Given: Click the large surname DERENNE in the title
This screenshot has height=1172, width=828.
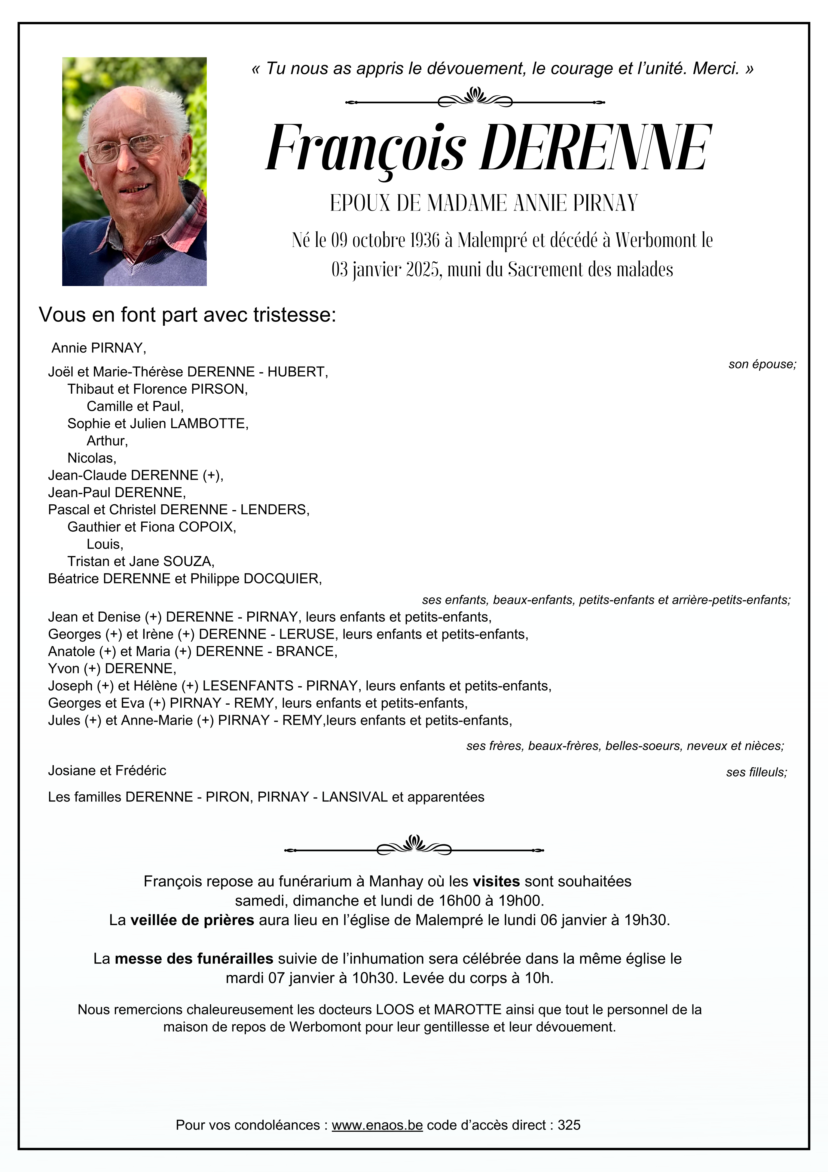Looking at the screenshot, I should [594, 148].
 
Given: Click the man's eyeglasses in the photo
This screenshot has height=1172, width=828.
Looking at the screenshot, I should [127, 148].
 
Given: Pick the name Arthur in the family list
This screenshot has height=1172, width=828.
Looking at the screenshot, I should [107, 441].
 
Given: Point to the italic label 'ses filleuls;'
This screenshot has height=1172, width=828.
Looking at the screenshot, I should [756, 772].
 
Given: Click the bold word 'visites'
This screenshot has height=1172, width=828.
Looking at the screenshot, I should [496, 881].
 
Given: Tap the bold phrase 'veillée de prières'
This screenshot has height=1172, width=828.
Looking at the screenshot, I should [192, 920].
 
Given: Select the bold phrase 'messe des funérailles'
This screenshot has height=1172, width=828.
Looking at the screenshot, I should [194, 959].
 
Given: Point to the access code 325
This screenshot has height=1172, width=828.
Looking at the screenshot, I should [569, 1125].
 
